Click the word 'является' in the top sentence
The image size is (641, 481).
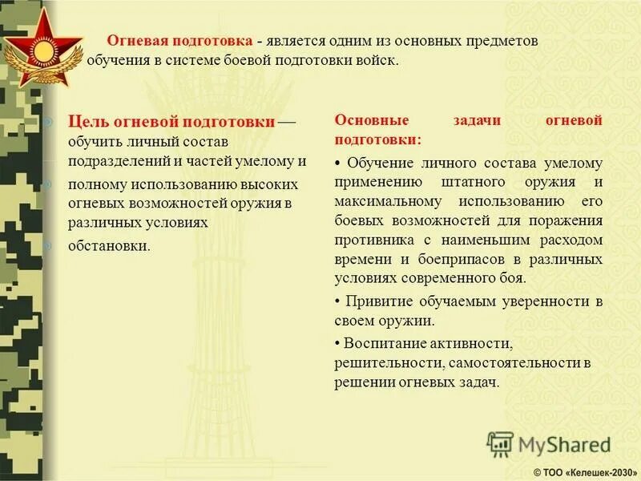pos(297,41)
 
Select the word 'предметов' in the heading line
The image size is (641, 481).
pos(498,41)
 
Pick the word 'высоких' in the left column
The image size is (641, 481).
pos(276,184)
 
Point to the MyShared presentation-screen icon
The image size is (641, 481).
pos(500,444)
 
